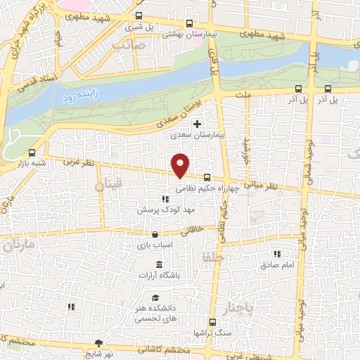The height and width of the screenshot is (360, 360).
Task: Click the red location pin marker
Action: (x=181, y=165)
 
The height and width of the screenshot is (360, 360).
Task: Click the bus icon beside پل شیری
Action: (x=139, y=15)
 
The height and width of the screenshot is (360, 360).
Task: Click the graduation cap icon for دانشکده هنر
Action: (x=154, y=297)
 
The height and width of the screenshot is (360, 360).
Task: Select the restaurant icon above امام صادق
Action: (x=277, y=253)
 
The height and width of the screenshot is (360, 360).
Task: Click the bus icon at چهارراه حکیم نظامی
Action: (x=207, y=178)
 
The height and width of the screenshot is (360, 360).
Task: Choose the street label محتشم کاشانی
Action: (x=169, y=349)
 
